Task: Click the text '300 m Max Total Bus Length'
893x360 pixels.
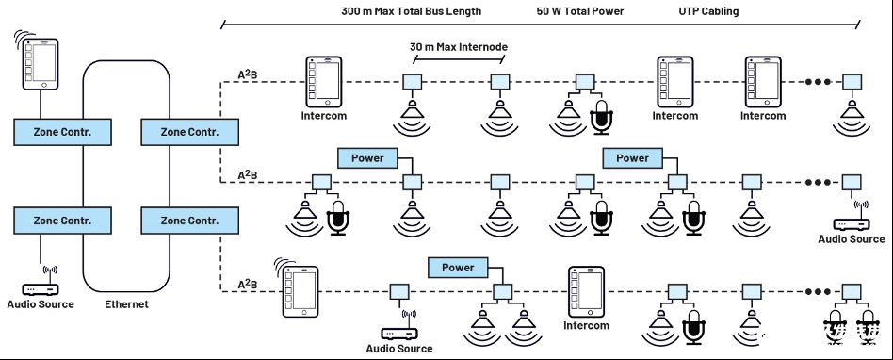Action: point(412,11)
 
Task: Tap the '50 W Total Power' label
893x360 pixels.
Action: point(579,11)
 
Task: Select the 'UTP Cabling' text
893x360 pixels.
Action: point(708,11)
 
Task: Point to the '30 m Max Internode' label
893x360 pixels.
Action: point(459,47)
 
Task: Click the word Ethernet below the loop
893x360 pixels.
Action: point(126,304)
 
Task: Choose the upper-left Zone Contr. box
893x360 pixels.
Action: point(63,132)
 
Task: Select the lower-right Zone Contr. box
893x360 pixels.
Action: point(189,220)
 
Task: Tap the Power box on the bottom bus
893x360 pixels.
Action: point(458,268)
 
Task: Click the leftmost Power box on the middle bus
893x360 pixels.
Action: point(367,157)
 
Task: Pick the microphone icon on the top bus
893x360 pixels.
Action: point(602,118)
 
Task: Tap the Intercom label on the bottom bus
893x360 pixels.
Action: point(586,326)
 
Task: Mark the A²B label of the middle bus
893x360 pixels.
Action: point(247,173)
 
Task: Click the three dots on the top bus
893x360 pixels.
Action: point(818,81)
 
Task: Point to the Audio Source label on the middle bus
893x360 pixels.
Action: point(852,239)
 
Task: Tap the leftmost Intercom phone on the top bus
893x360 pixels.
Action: point(323,81)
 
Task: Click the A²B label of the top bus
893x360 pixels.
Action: point(247,74)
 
